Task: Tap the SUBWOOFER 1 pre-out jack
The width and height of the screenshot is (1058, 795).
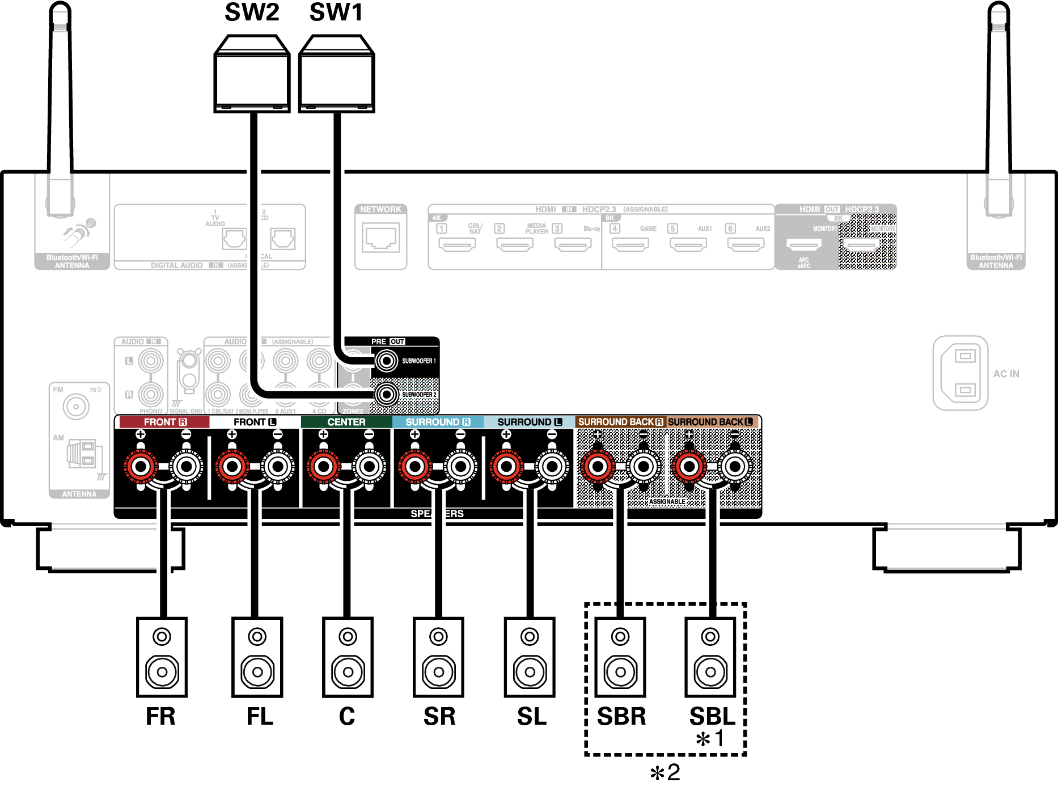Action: tap(387, 361)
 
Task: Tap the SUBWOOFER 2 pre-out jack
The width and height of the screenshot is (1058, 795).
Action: tap(387, 394)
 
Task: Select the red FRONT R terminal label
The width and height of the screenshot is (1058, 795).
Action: tap(164, 422)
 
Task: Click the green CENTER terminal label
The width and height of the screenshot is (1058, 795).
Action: tap(346, 422)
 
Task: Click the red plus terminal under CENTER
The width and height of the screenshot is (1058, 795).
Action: tap(324, 467)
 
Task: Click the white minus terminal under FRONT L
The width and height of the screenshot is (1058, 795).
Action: tap(278, 467)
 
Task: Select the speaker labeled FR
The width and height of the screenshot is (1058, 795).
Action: tap(162, 657)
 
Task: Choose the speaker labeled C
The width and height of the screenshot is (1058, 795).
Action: tap(348, 657)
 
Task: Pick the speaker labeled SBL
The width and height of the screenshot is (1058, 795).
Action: tap(710, 657)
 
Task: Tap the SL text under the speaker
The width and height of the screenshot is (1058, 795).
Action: tap(531, 716)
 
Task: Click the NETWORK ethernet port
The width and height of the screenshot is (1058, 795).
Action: tap(380, 238)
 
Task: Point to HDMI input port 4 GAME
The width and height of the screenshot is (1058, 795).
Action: tap(630, 244)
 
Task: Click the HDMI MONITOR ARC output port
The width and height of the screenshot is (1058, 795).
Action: tap(803, 244)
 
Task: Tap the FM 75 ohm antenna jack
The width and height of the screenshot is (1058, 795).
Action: tap(76, 406)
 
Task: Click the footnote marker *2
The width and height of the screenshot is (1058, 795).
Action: tap(665, 772)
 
